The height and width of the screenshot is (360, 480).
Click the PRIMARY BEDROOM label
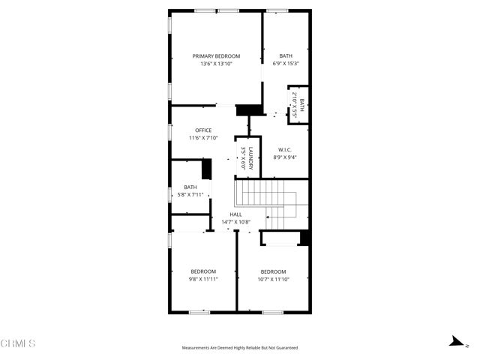click(216, 56)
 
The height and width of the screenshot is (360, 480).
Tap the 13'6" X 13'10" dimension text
click(216, 64)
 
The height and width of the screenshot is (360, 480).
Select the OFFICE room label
click(203, 130)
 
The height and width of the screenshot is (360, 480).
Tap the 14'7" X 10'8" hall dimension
click(235, 222)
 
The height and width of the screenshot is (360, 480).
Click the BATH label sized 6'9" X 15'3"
click(286, 56)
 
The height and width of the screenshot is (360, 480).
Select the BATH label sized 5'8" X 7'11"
click(190, 187)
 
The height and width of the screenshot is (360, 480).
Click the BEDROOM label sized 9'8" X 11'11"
click(202, 271)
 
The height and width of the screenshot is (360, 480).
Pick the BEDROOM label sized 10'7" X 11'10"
click(273, 271)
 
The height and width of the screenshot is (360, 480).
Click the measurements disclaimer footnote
click(240, 348)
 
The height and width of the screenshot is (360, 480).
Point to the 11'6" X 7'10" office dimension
click(203, 138)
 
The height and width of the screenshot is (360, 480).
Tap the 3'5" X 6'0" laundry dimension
click(243, 160)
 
